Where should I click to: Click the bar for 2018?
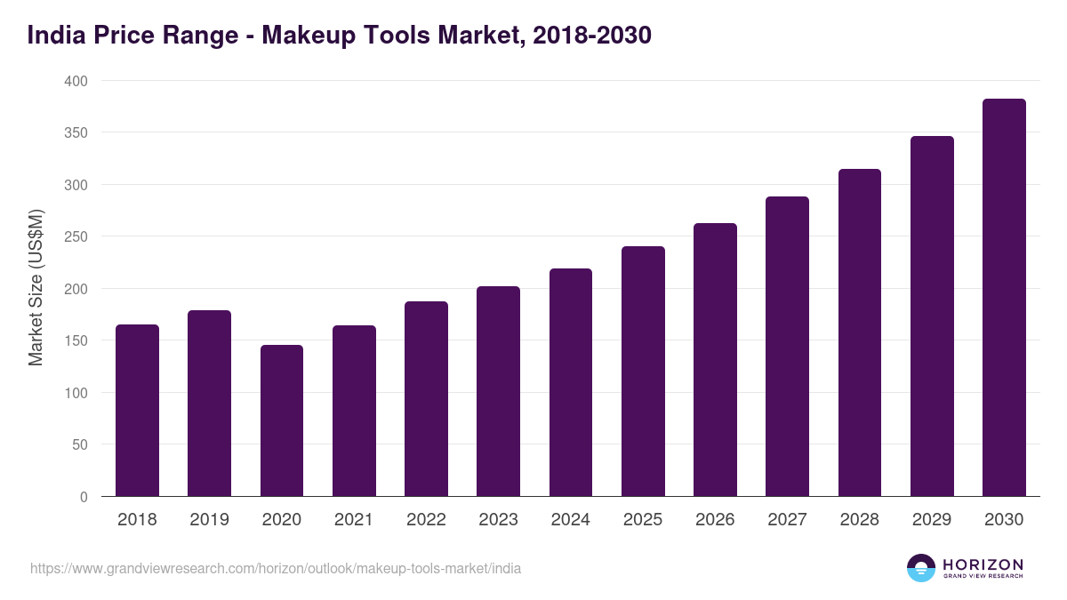[x=137, y=411]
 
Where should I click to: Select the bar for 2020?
[x=282, y=420]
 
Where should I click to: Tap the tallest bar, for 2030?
[x=1004, y=298]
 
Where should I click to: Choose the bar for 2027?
[x=787, y=347]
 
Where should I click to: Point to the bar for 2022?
[x=426, y=399]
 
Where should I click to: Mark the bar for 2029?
[x=932, y=316]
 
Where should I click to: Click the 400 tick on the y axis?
[x=76, y=81]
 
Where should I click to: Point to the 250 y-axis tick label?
[x=76, y=237]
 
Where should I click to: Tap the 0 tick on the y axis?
[x=84, y=497]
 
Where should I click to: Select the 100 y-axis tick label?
[x=76, y=393]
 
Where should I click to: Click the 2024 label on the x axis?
[x=570, y=520]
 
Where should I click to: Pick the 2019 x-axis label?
[x=209, y=520]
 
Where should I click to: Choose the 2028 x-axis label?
[x=859, y=520]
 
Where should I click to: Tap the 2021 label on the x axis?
[x=354, y=520]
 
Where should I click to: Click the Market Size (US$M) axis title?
[x=36, y=287]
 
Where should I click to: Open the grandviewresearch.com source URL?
[x=276, y=568]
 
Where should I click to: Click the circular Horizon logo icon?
[x=920, y=568]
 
